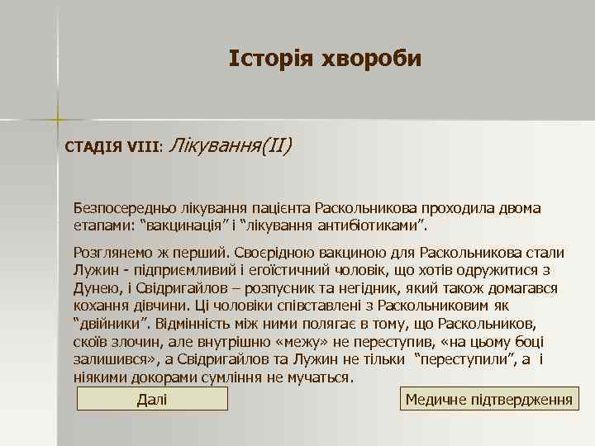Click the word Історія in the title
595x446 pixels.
267,59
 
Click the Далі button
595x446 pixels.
152,400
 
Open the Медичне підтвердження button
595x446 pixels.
489,400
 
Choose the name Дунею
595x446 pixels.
95,288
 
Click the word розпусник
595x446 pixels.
307,288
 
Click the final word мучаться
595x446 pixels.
321,378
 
